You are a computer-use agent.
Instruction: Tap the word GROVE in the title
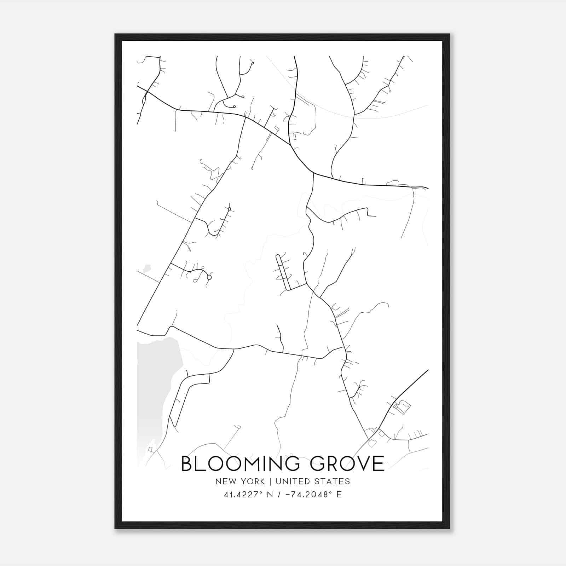[347, 463]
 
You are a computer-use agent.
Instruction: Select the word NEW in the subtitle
[224, 481]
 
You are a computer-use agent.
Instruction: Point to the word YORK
[252, 481]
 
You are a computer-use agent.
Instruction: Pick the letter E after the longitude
[339, 495]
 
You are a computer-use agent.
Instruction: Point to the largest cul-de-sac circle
[209, 277]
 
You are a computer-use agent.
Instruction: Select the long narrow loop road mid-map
[283, 272]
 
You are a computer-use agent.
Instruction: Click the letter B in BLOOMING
[187, 463]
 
